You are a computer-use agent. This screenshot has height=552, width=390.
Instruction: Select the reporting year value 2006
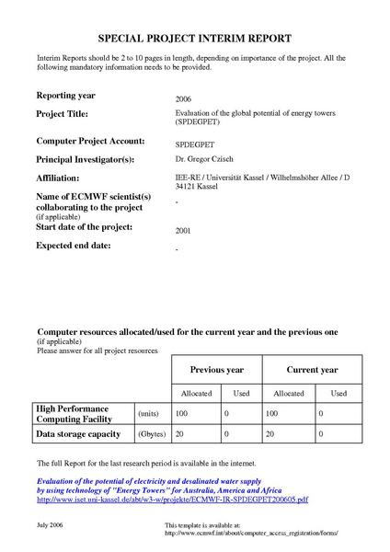coord(183,98)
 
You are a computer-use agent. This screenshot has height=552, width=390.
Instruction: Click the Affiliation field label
coord(58,178)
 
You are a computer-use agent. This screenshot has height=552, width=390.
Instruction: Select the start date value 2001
coord(183,231)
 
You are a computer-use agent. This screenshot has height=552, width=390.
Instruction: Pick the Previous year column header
coord(216,370)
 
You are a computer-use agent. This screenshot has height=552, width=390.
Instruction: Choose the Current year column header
coord(312,370)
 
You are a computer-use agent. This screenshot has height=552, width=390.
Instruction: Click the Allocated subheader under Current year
coord(289,393)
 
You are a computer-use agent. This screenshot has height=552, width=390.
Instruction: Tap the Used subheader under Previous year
coord(242,393)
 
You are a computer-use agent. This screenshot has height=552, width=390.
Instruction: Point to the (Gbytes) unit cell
coord(151,433)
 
